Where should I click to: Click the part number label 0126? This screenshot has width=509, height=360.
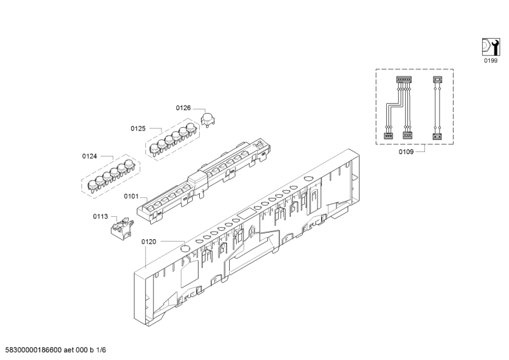[x=183, y=107]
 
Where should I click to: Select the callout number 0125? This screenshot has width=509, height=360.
[x=138, y=128]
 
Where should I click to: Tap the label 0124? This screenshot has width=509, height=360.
[x=89, y=156]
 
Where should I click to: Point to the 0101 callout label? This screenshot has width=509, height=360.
[x=131, y=197]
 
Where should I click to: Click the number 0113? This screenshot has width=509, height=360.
[x=101, y=216]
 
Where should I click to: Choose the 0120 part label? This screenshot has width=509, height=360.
[x=149, y=242]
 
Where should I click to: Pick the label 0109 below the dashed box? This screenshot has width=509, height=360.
[x=406, y=152]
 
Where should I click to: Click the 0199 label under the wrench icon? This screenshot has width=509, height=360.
[x=491, y=60]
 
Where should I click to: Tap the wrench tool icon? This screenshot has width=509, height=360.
[x=490, y=47]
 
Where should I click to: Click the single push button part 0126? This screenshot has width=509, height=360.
[x=208, y=118]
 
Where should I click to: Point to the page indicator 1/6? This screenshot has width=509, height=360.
[x=101, y=350]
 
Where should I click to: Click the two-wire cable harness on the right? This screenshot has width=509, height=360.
[x=437, y=107]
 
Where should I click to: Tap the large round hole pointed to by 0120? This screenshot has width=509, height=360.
[x=185, y=249]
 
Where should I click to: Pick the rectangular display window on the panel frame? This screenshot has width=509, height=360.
[x=246, y=214]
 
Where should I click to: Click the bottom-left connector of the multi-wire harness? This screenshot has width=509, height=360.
[x=389, y=136]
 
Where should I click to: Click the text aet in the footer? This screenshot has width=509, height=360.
[x=69, y=350]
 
